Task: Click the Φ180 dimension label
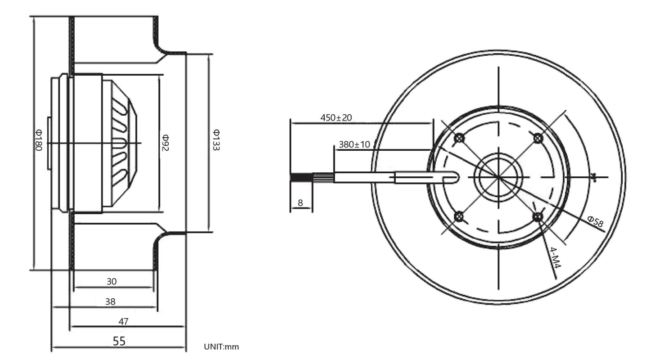39,140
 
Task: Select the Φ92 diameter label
166,143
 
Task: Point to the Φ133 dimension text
216,140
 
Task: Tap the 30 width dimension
112,281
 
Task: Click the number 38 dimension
110,301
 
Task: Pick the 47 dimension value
123,321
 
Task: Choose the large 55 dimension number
119,341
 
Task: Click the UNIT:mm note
222,347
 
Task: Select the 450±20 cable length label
336,117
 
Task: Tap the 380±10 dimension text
354,144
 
